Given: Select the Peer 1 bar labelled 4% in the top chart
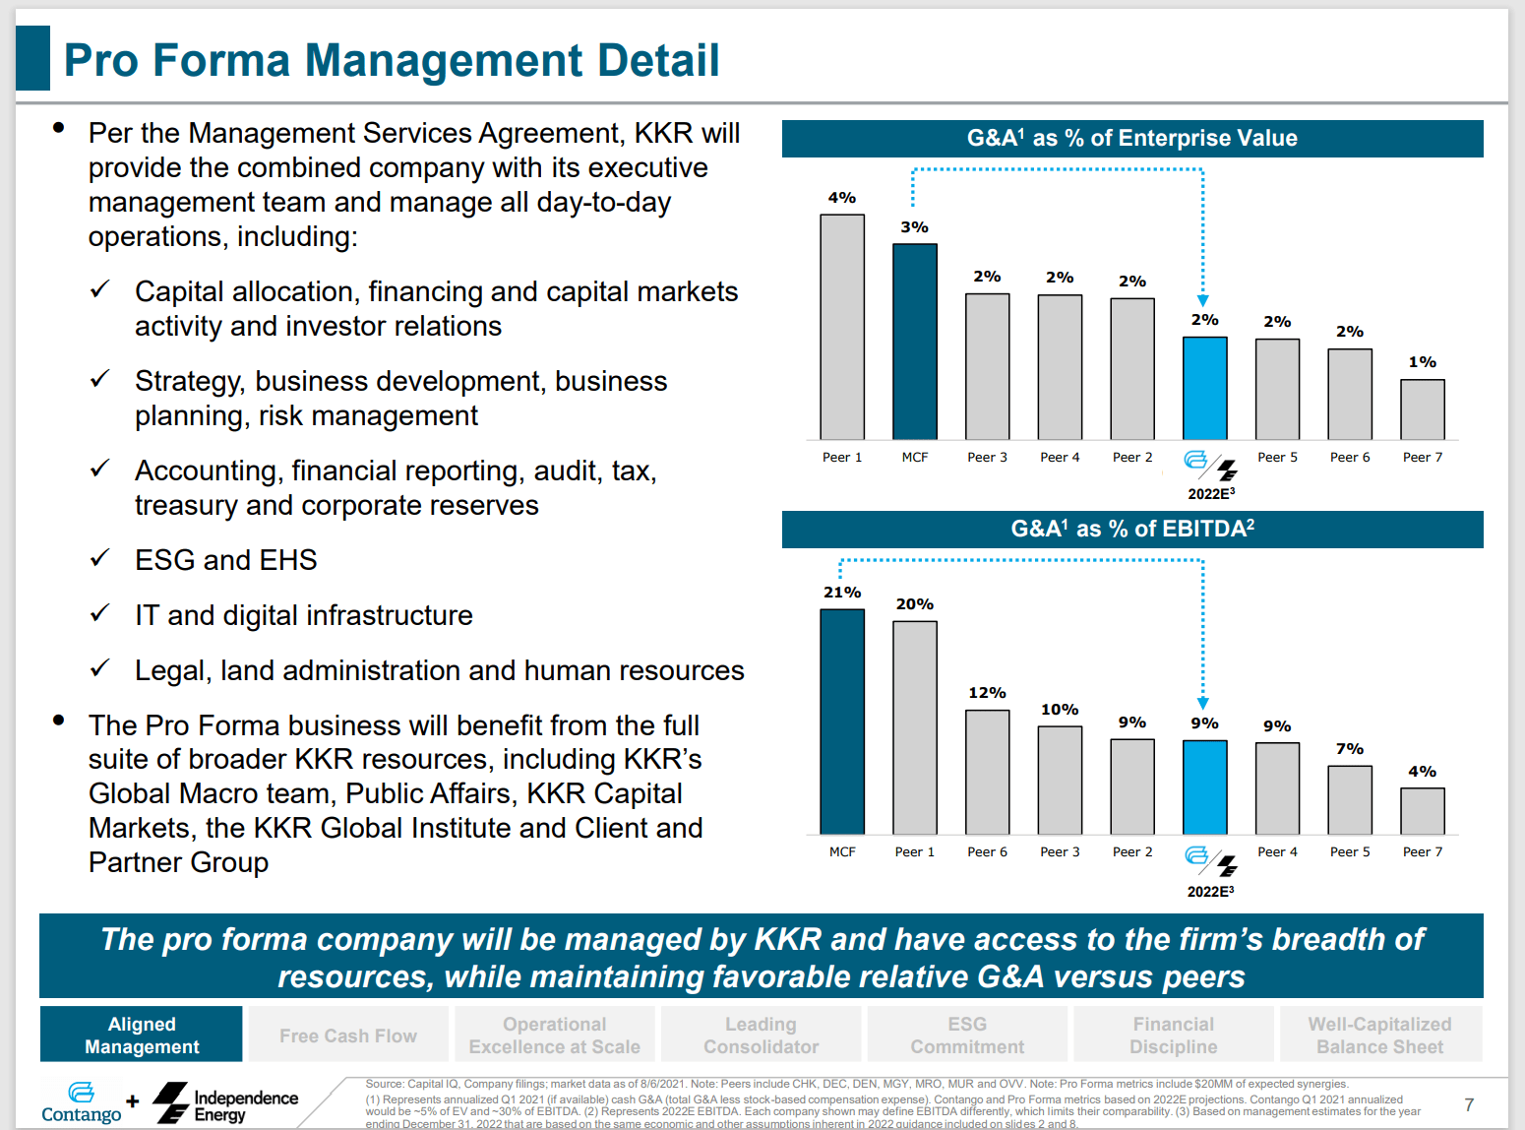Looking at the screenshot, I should [842, 327].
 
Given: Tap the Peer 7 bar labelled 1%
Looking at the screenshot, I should [1422, 409].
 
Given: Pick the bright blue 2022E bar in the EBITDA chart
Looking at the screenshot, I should [1204, 787].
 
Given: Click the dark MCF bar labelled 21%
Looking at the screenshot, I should [842, 722].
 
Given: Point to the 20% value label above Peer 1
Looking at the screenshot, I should [915, 604].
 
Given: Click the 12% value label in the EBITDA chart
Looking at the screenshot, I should [987, 693].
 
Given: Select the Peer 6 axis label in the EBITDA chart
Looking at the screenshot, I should [987, 852].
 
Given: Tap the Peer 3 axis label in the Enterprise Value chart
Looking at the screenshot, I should [987, 458].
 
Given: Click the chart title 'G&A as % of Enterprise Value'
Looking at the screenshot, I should [1131, 139].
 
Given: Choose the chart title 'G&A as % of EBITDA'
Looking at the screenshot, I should [1131, 530].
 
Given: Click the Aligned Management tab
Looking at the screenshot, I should [142, 1035].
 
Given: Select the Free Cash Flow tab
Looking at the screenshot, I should [348, 1036].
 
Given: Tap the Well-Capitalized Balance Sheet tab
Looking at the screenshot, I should [1379, 1036].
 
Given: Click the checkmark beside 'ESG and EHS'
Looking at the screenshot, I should [99, 558].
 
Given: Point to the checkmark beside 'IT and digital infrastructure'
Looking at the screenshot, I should [99, 613].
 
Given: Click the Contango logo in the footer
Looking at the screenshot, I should [81, 1102].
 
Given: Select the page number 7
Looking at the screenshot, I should [1469, 1104].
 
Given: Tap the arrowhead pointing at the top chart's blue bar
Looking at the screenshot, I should [1202, 301].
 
